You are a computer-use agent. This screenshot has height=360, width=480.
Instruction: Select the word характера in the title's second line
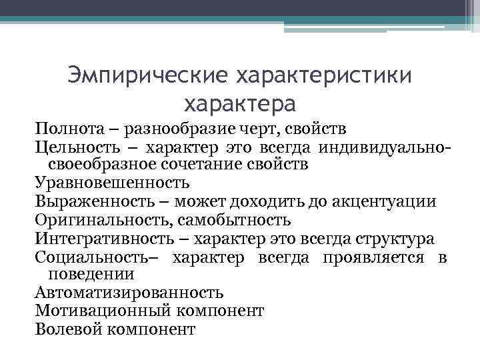point(240,103)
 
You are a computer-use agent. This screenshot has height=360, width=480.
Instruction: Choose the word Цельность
point(74,146)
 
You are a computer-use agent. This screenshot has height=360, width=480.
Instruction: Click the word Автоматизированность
point(129,293)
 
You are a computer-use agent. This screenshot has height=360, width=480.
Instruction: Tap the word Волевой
point(65,329)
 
